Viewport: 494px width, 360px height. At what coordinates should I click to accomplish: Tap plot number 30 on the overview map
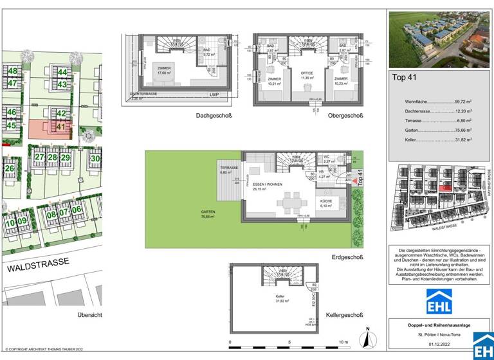tap(95, 158)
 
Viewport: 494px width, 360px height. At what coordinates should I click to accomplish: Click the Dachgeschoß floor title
tap(214, 116)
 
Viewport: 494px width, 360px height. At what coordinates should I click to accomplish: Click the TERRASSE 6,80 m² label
tap(228, 168)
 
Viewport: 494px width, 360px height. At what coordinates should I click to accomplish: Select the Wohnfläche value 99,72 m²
tap(463, 102)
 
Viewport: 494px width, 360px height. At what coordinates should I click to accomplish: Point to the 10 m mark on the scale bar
tap(343, 342)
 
